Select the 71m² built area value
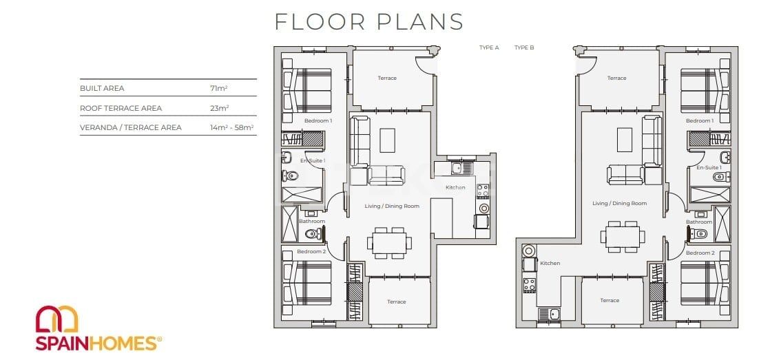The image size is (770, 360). (219, 89)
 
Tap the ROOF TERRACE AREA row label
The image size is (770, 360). (121, 108)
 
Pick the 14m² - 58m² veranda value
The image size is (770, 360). (231, 127)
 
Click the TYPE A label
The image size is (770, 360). (489, 48)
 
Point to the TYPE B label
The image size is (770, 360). (524, 48)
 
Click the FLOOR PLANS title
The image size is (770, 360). (369, 21)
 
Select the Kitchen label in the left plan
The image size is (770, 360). (455, 187)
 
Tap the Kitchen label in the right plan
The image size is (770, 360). (550, 263)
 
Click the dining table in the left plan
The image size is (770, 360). (390, 242)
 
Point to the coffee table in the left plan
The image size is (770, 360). (388, 140)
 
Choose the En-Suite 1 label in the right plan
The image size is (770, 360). (709, 167)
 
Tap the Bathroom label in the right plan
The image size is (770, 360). (698, 222)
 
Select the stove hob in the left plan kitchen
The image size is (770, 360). (483, 191)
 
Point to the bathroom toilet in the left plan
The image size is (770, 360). (311, 234)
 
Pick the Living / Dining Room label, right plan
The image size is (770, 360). (619, 203)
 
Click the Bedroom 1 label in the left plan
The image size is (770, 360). (318, 120)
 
